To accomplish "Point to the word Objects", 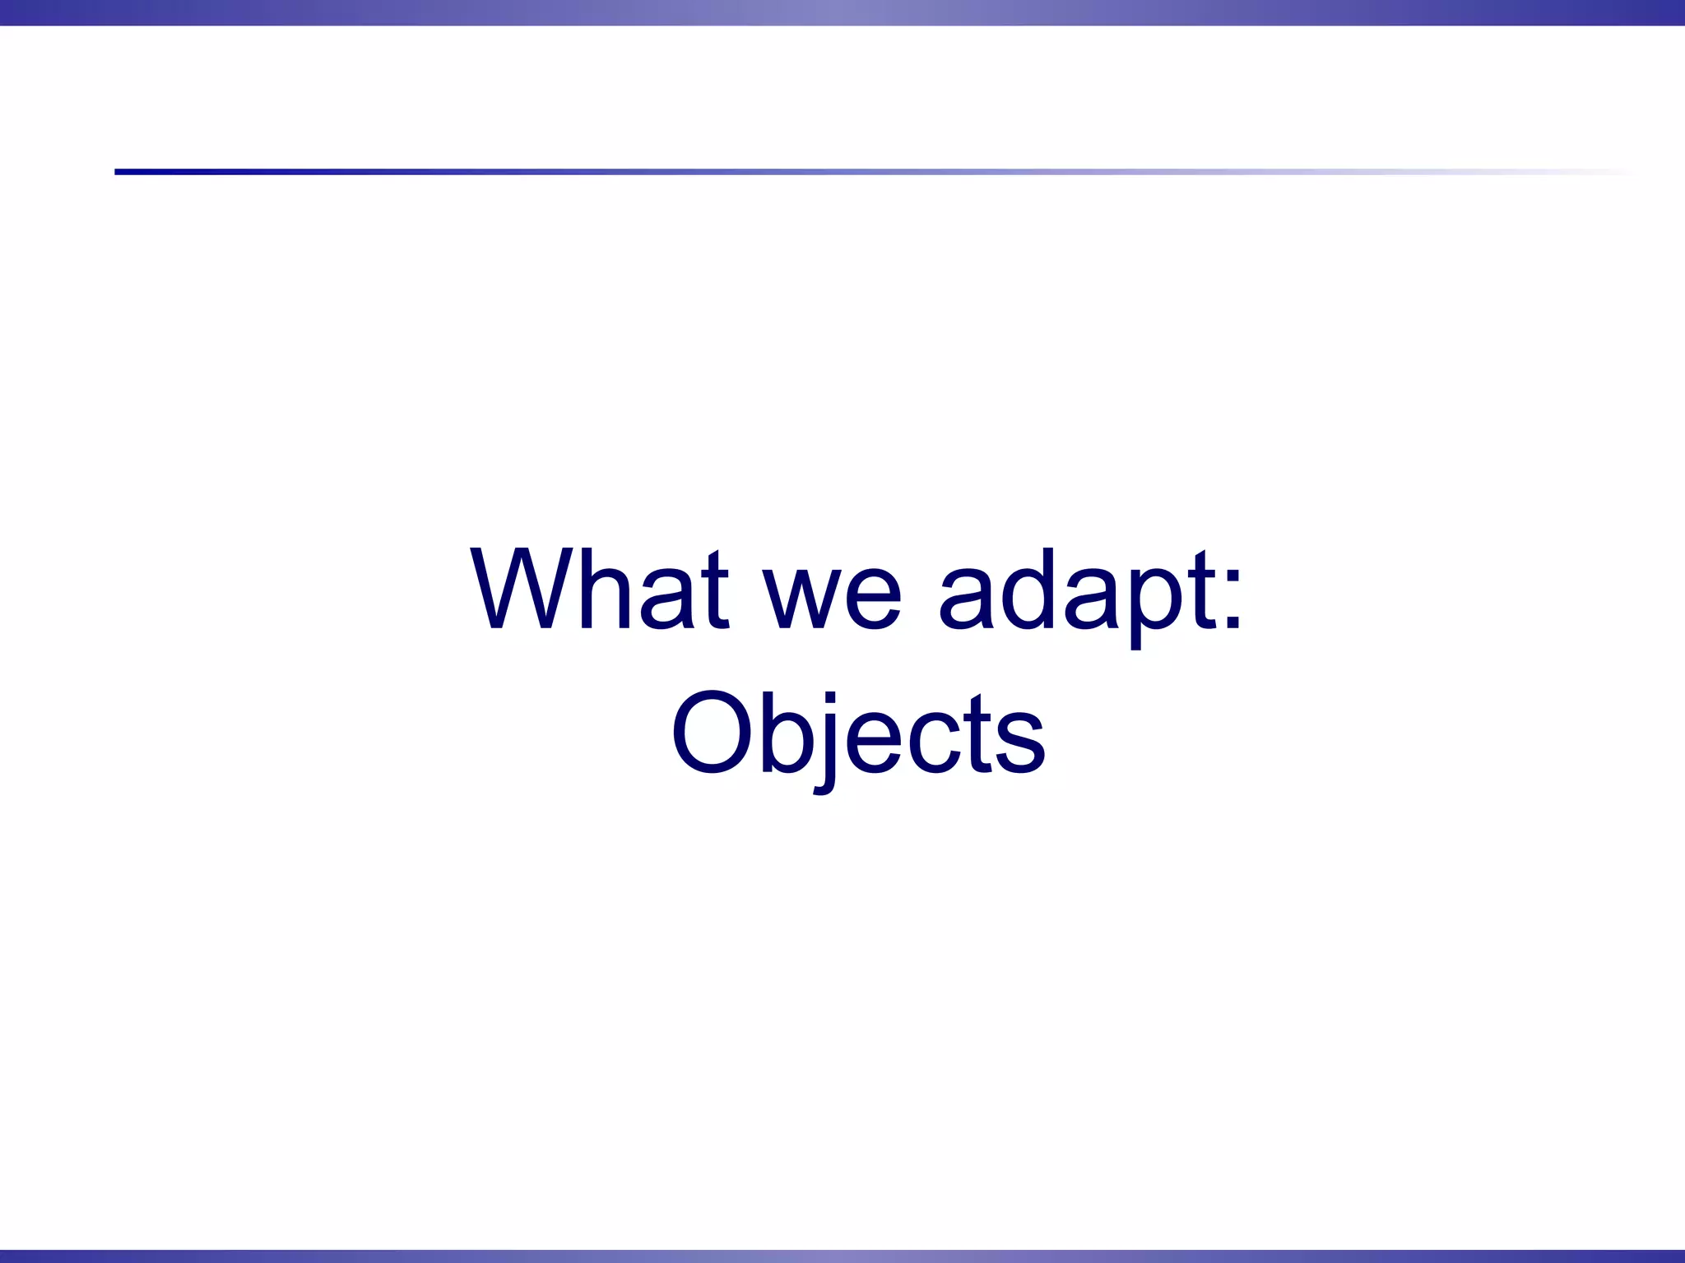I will coord(858,733).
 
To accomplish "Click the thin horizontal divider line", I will coord(823,172).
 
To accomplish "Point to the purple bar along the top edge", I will coord(842,12).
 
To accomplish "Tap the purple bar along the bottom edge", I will coord(842,1256).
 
